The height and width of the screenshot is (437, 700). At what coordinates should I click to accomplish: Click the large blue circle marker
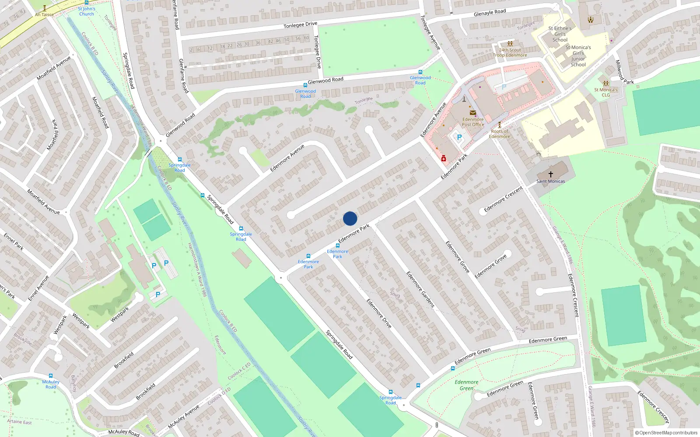350,218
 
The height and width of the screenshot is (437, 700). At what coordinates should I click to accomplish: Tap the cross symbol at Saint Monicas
550,174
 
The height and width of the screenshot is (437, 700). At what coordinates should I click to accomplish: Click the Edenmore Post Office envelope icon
473,113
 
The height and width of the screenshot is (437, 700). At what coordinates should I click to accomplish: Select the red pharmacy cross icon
444,159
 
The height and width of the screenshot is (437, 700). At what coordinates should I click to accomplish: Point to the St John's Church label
87,11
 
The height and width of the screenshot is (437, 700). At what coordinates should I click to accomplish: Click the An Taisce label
44,14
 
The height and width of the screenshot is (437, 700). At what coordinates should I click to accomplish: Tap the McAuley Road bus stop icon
51,376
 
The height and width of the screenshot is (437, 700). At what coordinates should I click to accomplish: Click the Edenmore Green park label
466,385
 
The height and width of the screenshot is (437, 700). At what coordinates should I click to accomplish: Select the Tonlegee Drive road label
300,25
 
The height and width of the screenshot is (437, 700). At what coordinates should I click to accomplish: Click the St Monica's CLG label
605,92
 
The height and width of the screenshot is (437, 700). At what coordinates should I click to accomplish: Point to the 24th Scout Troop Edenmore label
510,52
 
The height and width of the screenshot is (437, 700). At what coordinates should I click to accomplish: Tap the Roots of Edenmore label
500,134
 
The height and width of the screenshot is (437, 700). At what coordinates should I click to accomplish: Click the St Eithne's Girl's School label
560,34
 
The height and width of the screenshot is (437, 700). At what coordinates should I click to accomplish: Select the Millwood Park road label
624,73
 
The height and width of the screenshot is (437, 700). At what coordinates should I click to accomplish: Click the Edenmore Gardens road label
420,289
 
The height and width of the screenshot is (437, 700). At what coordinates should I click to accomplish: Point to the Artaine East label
19,422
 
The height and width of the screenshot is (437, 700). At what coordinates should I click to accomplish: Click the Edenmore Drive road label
379,313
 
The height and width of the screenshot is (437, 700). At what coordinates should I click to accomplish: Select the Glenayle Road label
490,13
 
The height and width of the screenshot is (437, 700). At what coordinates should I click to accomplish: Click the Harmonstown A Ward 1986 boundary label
197,270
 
